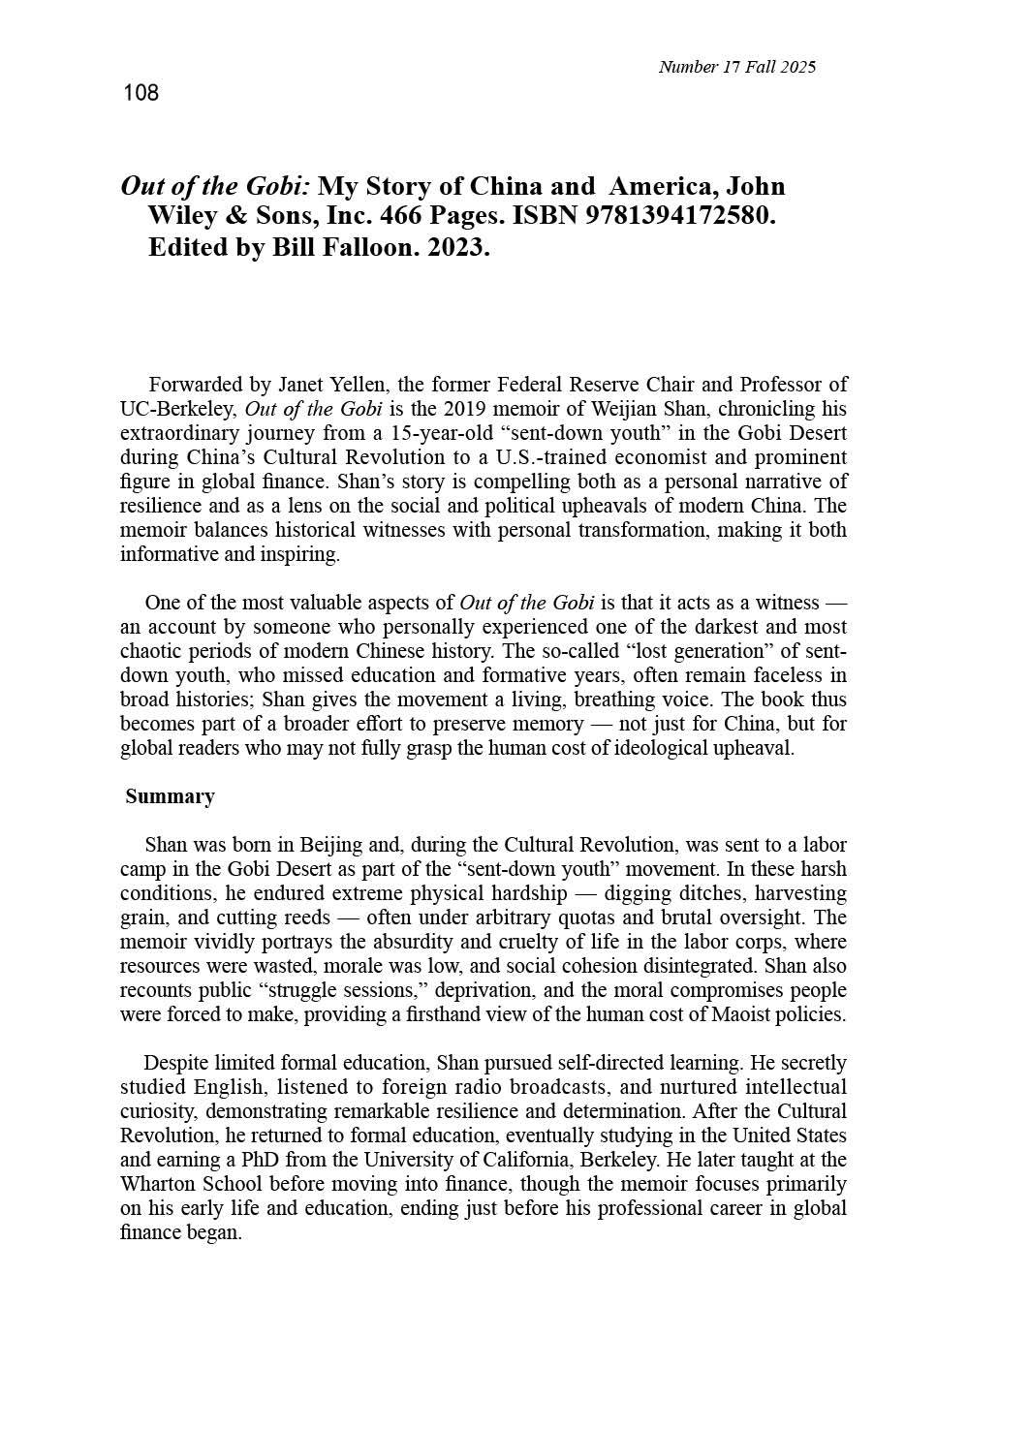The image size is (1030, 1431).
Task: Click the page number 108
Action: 140,93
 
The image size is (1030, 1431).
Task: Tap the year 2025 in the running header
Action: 797,67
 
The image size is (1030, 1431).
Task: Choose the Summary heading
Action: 170,796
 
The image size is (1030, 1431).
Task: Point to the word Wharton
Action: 159,1184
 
